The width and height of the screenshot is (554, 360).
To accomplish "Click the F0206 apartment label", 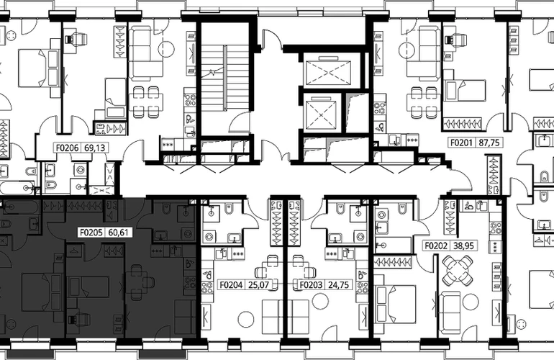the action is pyautogui.click(x=68, y=148).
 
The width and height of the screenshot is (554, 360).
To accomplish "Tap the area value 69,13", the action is pyautogui.click(x=95, y=148).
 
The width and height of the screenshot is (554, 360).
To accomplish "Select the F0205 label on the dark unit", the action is pyautogui.click(x=91, y=233).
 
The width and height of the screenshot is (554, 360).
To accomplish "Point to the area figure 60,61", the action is pyautogui.click(x=119, y=233).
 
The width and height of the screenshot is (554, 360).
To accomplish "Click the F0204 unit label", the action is pyautogui.click(x=232, y=284).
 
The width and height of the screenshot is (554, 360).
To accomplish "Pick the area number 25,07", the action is pyautogui.click(x=258, y=284).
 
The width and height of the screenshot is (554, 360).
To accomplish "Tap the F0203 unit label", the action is pyautogui.click(x=312, y=284).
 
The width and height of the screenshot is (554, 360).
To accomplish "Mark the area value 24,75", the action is pyautogui.click(x=338, y=284).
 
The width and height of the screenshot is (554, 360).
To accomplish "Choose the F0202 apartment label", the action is pyautogui.click(x=436, y=246).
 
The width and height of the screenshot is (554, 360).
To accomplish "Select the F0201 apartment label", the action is pyautogui.click(x=461, y=143).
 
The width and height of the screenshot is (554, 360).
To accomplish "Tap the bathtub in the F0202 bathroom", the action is pyautogui.click(x=394, y=245).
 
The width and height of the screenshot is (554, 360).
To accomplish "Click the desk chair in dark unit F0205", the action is pyautogui.click(x=77, y=318).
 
